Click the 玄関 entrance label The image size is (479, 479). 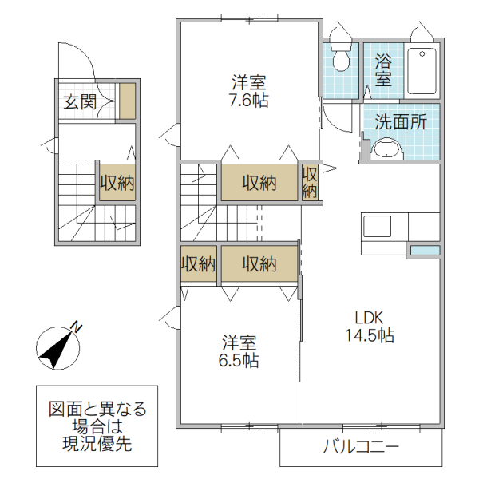click(x=80, y=101)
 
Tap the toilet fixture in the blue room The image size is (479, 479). click(x=340, y=57)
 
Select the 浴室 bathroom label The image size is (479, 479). click(x=382, y=69)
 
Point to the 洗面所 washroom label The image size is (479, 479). click(x=400, y=122)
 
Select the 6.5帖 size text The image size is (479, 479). click(x=239, y=360)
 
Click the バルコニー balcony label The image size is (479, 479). click(x=360, y=447)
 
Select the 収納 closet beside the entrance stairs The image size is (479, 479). click(x=117, y=182)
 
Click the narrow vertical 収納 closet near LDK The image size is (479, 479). click(x=310, y=182)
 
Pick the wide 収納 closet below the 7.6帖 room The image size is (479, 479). click(x=259, y=182)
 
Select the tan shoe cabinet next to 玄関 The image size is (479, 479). click(x=127, y=101)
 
